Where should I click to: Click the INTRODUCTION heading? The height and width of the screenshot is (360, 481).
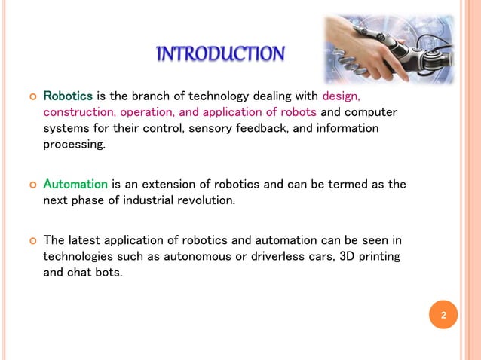[x=220, y=54]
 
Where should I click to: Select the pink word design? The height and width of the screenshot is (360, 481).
[x=341, y=96]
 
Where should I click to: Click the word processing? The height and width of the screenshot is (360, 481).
[x=74, y=145]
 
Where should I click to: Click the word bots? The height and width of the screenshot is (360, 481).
[x=107, y=273]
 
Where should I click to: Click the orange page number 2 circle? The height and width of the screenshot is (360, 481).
[x=443, y=315]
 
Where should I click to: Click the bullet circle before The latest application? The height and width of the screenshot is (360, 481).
[x=32, y=241]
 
